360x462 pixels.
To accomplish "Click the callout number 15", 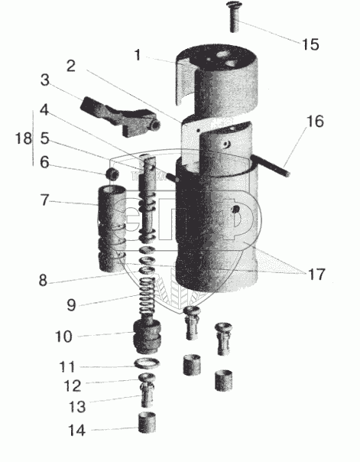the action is pos(310,44).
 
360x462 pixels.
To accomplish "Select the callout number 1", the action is pos(137,55).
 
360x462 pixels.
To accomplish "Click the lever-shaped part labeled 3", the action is pos(121,116).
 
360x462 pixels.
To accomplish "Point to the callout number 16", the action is pos(315,122).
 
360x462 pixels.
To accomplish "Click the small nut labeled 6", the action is pos(112,174).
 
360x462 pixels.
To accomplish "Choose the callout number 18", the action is pos(23,138).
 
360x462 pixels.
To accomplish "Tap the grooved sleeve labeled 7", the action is pos(112,229).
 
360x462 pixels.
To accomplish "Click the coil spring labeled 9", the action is pos(147,295).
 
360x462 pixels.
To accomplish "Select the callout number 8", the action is pos(43,281).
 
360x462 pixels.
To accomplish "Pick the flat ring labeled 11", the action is pos(147,363).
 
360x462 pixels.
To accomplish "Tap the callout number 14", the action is pos(77,431).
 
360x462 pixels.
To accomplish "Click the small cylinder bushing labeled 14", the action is pos(147,423).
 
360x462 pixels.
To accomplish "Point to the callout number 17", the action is pos(316,275).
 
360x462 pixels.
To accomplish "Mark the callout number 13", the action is pos(77,407).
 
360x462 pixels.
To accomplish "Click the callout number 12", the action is pos(73,386).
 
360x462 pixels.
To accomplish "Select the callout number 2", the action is pos(71,66).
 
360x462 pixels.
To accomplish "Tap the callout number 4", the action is pos(44,110).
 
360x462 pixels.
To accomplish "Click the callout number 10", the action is pos(63,337).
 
